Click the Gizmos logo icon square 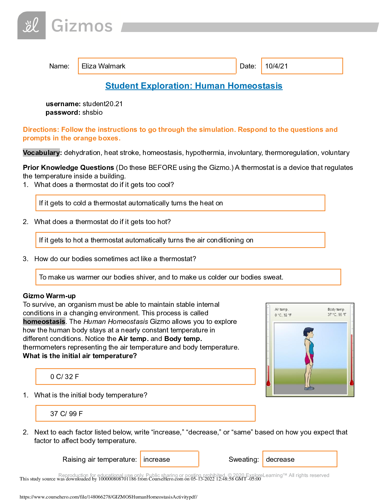pos(31,25)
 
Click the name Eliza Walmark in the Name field pos(103,66)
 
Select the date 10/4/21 pos(276,66)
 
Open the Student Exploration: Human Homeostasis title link pos(194,86)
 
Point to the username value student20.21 pos(102,104)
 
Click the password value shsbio pos(92,113)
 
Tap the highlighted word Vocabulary pos(41,153)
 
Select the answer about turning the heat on pos(131,203)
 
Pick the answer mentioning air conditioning pos(146,240)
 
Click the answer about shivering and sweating pos(161,277)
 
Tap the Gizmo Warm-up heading pos(49,296)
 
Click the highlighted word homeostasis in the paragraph pos(44,322)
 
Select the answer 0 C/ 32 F pos(65,377)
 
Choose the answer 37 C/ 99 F pos(66,414)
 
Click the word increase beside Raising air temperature pos(157,460)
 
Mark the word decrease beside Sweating pos(280,460)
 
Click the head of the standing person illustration pos(308,333)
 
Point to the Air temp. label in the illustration pos(281,309)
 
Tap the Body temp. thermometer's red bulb pos(351,383)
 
